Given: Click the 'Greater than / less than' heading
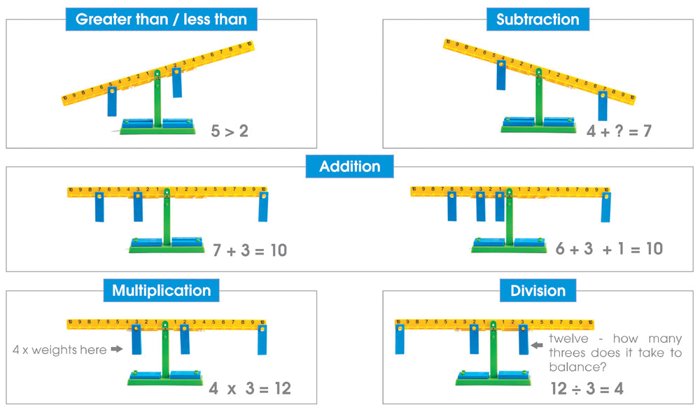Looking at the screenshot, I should [161, 19].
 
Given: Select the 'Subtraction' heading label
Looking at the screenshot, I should [538, 19].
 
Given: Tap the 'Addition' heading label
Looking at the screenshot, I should [349, 166].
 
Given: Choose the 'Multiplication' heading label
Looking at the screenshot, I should [161, 290].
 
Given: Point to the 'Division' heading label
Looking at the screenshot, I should [538, 290].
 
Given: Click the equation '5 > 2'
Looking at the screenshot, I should [230, 131].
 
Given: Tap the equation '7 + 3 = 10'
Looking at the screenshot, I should [250, 250].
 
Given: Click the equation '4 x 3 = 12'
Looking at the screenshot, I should [250, 388].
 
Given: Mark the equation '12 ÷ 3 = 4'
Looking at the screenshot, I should [587, 389].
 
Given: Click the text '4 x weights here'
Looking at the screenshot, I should [59, 349].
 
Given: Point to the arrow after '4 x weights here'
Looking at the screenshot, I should [117, 349].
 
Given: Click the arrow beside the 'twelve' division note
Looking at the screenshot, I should [538, 344].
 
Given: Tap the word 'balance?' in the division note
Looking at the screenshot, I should [576, 367].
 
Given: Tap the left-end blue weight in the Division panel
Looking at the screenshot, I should [400, 339].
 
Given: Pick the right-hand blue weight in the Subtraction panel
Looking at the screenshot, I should [603, 106].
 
